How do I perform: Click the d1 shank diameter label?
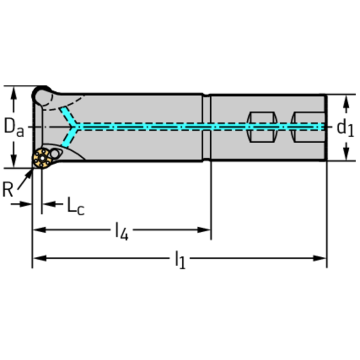pyautogui.click(x=345, y=127)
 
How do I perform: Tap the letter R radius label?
pyautogui.click(x=8, y=190)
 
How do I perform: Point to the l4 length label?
pyautogui.click(x=122, y=231)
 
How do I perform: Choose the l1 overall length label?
pyautogui.click(x=180, y=259)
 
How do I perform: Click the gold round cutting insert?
pyautogui.click(x=42, y=159)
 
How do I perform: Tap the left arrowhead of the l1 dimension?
pyautogui.click(x=38, y=258)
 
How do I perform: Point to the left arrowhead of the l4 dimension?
pyautogui.click(x=38, y=230)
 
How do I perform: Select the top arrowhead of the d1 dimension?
pyautogui.click(x=346, y=100)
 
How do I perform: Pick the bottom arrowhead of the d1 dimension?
pyautogui.click(x=346, y=155)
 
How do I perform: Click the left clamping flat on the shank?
pyautogui.click(x=260, y=127)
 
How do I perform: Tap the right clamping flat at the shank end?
pyautogui.click(x=307, y=127)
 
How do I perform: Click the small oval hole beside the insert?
pyautogui.click(x=56, y=153)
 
